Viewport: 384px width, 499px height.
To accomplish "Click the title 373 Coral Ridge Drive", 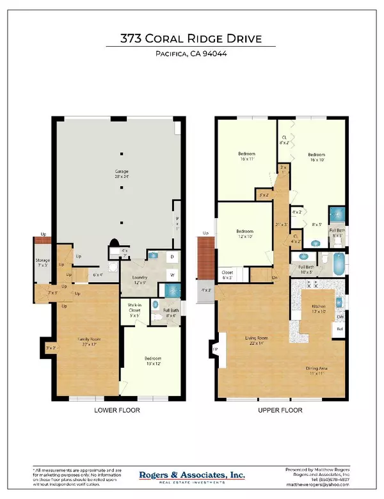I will click(x=191, y=39).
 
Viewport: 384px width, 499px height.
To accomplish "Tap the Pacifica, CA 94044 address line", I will click(x=191, y=54).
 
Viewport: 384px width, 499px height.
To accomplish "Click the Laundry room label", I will click(x=140, y=279).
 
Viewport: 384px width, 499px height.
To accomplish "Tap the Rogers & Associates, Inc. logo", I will click(x=192, y=475).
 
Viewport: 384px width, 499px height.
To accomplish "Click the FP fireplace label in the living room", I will click(x=215, y=349).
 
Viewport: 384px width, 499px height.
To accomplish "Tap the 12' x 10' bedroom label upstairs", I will click(x=246, y=234).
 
